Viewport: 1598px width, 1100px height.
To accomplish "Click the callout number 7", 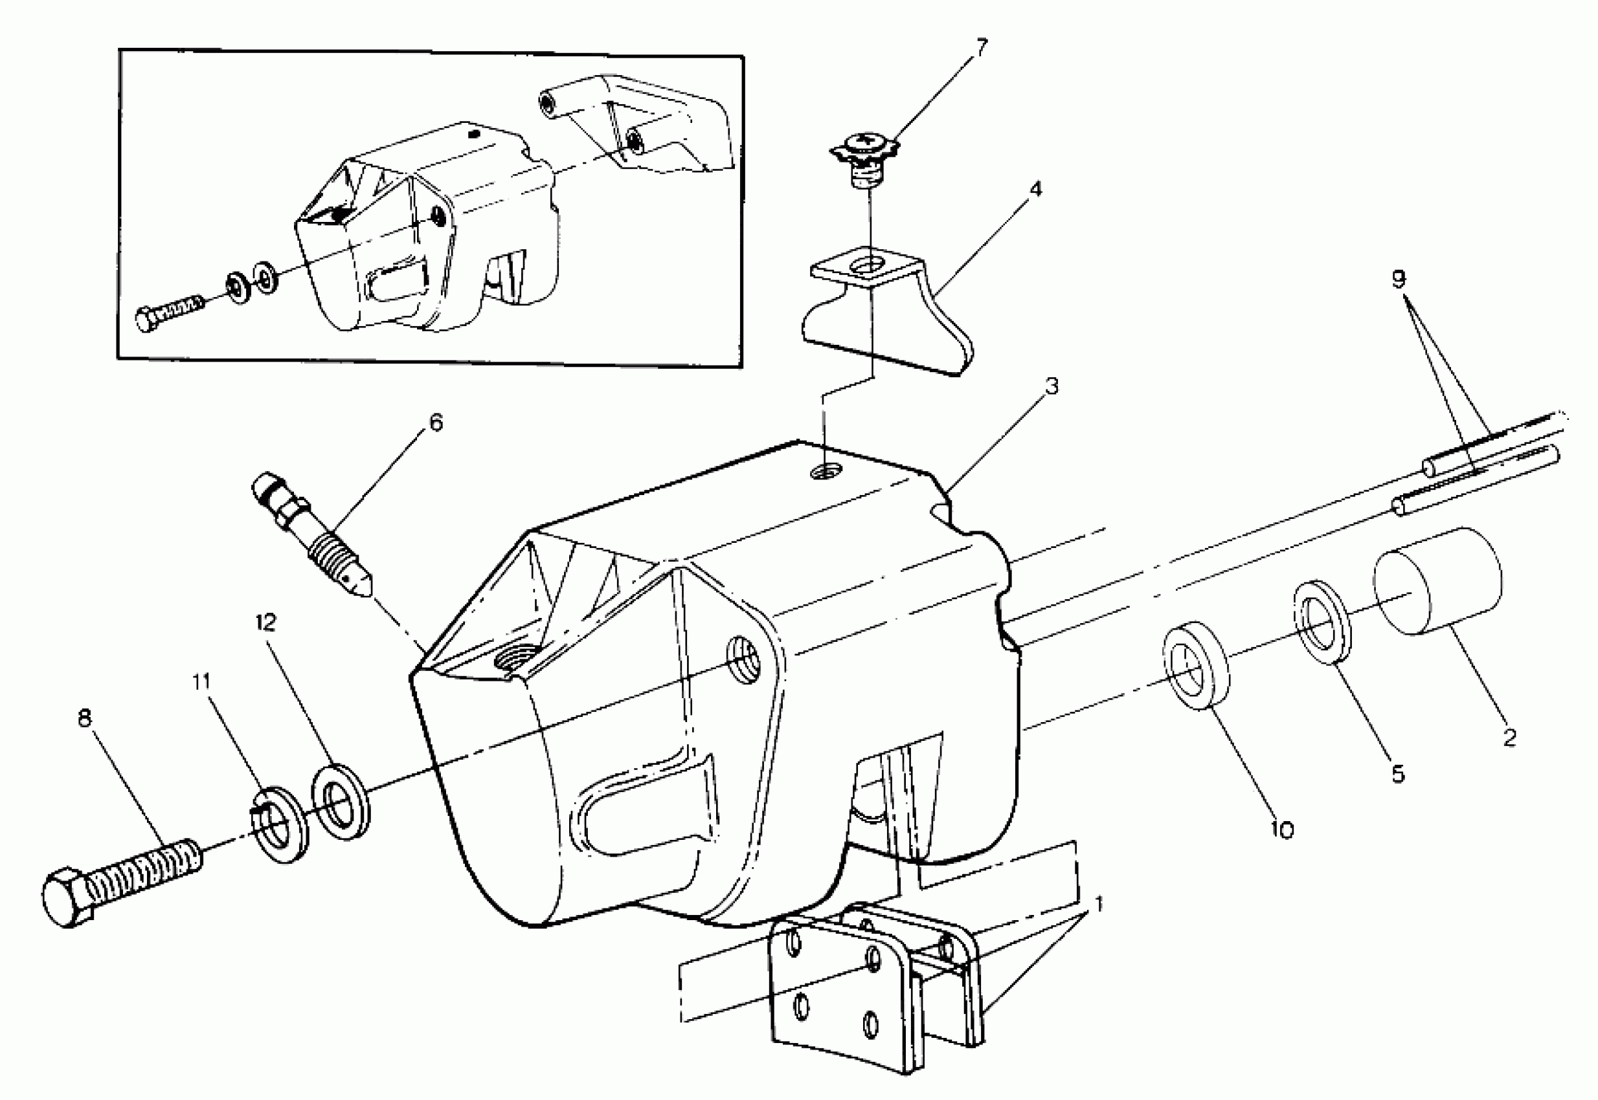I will [981, 49].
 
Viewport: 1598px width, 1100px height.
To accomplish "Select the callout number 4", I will [1035, 189].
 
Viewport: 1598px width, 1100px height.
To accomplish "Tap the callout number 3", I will [1051, 386].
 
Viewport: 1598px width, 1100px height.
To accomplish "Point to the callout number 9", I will [1399, 279].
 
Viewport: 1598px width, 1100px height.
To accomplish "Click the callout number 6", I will [435, 422].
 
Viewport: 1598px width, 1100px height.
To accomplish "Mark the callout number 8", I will [84, 719].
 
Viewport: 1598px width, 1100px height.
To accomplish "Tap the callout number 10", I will [1281, 830].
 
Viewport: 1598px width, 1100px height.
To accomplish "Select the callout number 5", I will [1397, 774].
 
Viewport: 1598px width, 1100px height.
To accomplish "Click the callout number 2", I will [1509, 738].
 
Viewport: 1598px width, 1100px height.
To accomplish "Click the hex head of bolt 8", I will [67, 898].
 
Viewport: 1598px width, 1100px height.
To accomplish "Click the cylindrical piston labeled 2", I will [1438, 580].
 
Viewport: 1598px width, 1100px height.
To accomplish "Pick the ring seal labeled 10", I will [1196, 665].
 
